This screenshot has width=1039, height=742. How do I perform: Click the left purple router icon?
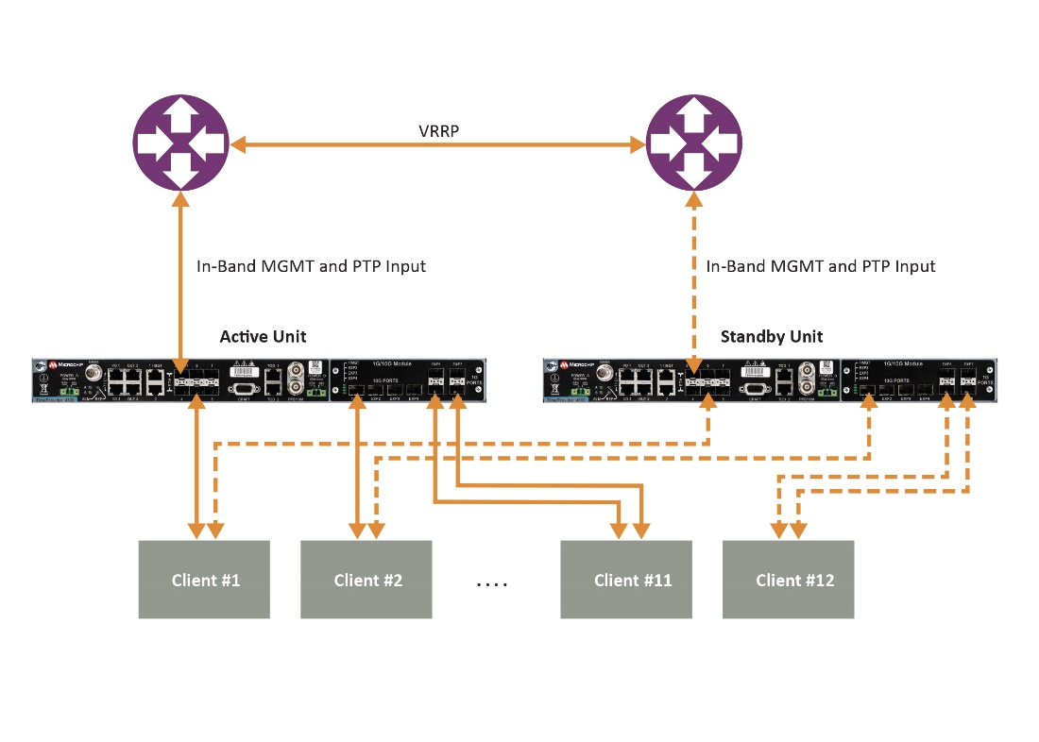180,143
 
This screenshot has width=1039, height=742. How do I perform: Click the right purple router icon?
694,143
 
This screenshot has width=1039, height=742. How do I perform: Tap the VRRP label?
438,131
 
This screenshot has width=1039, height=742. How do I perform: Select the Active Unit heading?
263,337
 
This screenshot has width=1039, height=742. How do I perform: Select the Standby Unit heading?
772,337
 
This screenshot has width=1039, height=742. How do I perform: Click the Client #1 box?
204,580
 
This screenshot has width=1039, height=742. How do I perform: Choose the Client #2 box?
366,580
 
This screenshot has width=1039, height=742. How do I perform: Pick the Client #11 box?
626,580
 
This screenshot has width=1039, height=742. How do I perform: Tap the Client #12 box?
789,580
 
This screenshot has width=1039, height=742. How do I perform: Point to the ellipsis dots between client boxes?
492,583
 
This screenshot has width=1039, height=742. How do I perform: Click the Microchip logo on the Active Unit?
63,363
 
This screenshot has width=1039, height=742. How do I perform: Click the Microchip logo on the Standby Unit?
577,363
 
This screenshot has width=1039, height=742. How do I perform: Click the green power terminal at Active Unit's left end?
68,390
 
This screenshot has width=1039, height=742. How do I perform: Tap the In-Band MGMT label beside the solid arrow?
311,266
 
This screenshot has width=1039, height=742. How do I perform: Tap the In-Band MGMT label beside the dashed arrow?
821,266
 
